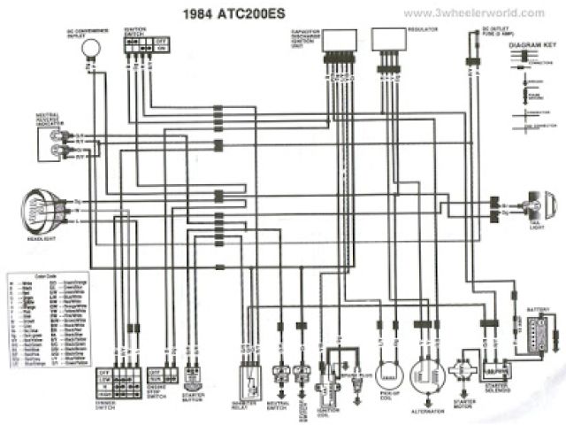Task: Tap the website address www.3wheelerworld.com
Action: (x=474, y=12)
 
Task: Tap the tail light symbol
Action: (x=533, y=205)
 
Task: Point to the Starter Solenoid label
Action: (x=497, y=390)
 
